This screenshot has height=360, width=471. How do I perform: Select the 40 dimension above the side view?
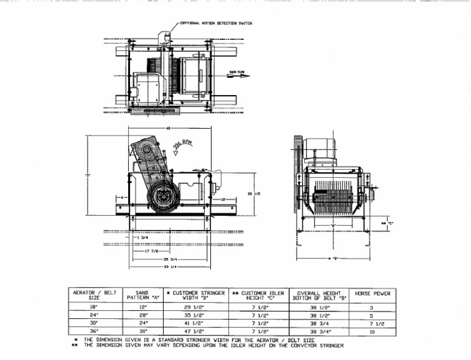point(168,129)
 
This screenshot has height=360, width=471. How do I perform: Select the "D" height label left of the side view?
point(88,176)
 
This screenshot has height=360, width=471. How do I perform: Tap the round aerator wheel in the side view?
point(164,196)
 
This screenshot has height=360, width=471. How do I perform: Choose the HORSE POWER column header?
point(372,294)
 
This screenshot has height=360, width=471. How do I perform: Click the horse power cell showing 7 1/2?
point(372,322)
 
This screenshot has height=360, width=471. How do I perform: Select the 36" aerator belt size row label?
point(94,331)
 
